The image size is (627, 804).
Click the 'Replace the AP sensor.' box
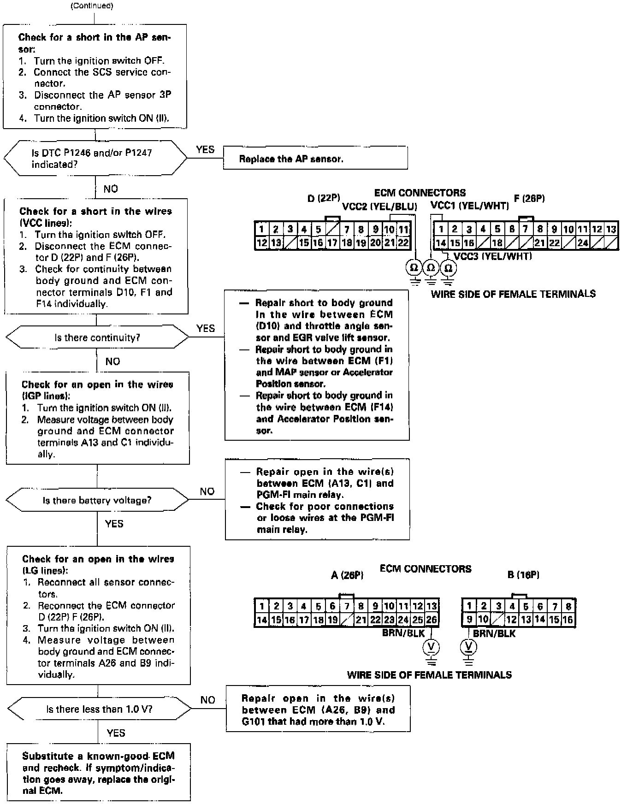315,158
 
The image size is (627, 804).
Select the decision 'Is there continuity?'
97,337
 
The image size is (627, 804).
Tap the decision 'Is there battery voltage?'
97,500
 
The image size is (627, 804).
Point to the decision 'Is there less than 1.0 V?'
99,709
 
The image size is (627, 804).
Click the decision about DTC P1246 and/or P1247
95,158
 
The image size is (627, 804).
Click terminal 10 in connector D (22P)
390,229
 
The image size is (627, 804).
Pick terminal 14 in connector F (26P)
441,242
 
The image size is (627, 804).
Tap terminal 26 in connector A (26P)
432,620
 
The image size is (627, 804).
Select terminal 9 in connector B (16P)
469,620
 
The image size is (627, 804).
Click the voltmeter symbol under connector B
469,647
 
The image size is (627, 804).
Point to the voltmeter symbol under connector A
431,647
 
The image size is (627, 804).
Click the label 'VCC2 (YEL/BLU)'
379,207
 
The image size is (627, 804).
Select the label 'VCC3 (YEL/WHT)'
492,256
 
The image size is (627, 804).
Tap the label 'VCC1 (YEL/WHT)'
469,206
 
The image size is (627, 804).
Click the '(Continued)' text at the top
92,6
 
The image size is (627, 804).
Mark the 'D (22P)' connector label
324,199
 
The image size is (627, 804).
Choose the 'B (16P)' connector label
523,574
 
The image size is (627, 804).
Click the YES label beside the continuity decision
206,328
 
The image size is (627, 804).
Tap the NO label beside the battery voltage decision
207,491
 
